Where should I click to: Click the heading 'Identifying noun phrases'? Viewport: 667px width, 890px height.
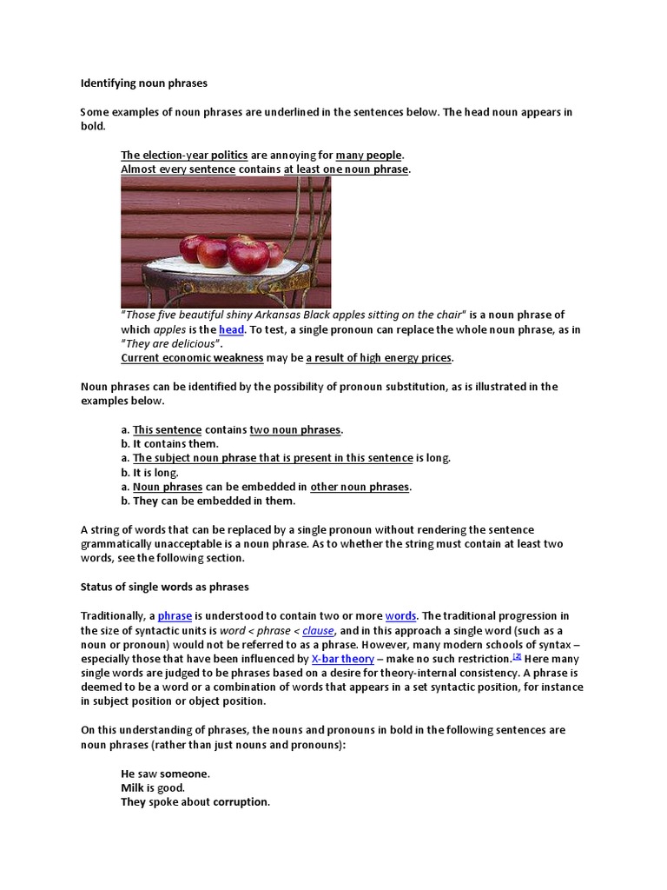pos(143,84)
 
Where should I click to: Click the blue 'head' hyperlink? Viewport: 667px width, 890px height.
pos(231,330)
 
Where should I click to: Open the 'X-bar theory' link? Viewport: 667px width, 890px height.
pos(342,660)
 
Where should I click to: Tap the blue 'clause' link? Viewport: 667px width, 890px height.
pos(318,631)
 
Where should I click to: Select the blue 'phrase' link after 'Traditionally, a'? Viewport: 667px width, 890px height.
pos(175,616)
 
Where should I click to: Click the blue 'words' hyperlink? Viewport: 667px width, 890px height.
pos(400,616)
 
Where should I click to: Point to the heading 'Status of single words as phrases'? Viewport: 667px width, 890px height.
pos(164,587)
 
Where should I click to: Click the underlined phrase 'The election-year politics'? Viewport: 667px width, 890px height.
pos(184,156)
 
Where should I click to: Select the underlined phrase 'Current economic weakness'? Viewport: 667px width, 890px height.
pos(191,358)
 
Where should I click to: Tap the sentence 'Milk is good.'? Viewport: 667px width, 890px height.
pos(153,787)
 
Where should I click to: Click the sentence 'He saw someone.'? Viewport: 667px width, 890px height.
pos(165,774)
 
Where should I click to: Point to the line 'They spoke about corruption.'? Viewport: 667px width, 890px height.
pos(195,802)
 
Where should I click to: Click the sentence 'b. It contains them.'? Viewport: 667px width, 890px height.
pos(169,444)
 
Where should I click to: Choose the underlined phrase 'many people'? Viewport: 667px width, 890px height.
pos(369,156)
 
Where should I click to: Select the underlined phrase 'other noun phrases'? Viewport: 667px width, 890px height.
pos(360,487)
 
